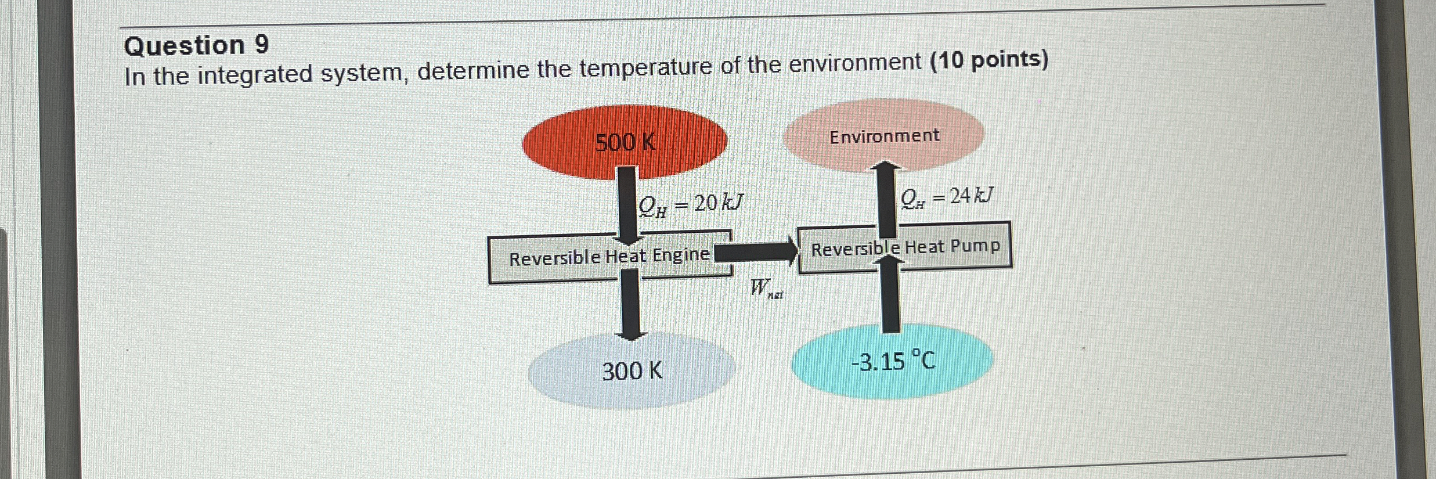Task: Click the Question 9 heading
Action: pos(197,45)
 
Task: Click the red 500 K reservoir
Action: pos(625,141)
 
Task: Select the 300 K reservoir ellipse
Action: pos(632,370)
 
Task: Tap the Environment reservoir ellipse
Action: pos(883,136)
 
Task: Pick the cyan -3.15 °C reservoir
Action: pos(893,361)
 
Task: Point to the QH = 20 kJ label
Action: pos(690,204)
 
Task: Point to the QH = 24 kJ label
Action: pos(947,197)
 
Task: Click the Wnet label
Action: pos(766,289)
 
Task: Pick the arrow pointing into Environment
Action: pos(885,197)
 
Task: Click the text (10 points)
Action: pos(989,60)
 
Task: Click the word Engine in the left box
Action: pos(681,254)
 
